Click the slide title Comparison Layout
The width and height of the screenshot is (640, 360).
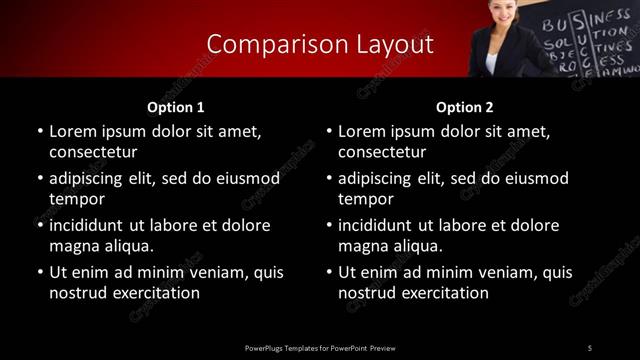pyautogui.click(x=320, y=44)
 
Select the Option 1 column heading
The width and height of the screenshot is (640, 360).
pyautogui.click(x=176, y=107)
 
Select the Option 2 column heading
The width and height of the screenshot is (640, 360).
pyautogui.click(x=465, y=107)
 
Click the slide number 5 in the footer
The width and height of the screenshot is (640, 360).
pyautogui.click(x=590, y=347)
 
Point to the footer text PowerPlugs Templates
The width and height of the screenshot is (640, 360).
pyautogui.click(x=290, y=347)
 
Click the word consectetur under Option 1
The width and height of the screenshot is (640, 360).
pyautogui.click(x=92, y=153)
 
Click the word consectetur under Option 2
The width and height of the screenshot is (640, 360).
pyautogui.click(x=382, y=153)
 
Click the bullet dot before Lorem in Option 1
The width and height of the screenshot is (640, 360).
pyautogui.click(x=39, y=131)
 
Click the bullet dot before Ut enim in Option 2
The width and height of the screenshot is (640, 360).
pyautogui.click(x=329, y=272)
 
